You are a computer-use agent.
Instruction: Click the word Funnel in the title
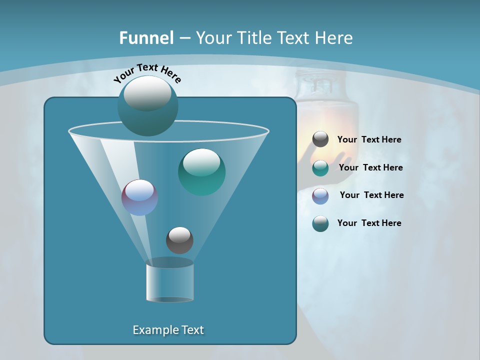(146, 38)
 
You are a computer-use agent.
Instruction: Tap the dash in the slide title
(184, 38)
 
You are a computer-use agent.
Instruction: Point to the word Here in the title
(334, 38)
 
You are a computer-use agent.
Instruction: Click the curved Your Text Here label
(147, 72)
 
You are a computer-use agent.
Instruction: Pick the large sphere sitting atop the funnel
(148, 105)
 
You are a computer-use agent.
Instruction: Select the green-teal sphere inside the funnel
(201, 171)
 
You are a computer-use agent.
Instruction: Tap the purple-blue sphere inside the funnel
(139, 197)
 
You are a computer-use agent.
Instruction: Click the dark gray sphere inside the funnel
(179, 240)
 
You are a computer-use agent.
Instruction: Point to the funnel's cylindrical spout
(169, 281)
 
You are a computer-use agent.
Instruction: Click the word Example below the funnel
(151, 330)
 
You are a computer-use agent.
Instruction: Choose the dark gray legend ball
(320, 139)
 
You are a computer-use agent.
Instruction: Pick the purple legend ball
(320, 195)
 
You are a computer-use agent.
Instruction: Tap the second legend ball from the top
(320, 168)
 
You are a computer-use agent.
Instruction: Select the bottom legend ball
(320, 223)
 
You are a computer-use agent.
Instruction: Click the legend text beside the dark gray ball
(369, 140)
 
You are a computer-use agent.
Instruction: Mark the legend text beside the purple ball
(371, 195)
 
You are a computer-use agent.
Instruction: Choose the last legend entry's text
(369, 223)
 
